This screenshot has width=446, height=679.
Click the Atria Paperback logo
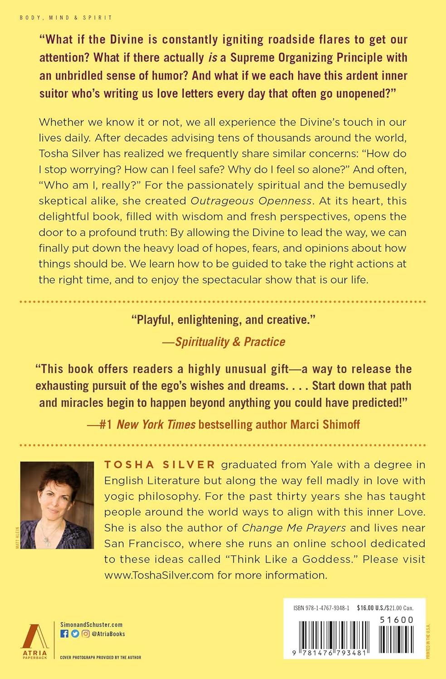[35, 641]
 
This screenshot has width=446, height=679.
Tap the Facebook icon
[64, 634]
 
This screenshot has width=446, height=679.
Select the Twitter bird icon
[75, 634]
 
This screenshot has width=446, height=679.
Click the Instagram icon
[85, 634]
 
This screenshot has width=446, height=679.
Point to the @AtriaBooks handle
[108, 634]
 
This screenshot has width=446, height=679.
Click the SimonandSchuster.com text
[92, 625]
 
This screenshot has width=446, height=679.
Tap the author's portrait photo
[57, 505]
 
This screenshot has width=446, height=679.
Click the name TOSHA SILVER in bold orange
[160, 464]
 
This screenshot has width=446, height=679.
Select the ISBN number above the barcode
[321, 608]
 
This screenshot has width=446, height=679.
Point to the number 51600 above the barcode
[397, 620]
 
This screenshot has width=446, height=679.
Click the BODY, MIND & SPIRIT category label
[66, 18]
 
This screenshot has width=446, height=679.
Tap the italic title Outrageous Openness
[251, 201]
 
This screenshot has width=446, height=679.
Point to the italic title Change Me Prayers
[294, 528]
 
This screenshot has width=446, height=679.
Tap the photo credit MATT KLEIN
[18, 538]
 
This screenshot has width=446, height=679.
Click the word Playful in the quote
[154, 320]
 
